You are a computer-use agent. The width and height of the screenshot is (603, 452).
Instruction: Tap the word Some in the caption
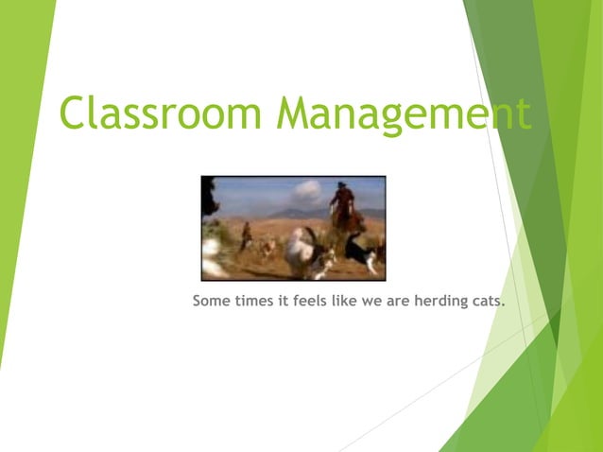(x=211, y=302)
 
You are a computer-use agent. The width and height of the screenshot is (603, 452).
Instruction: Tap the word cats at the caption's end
(x=487, y=302)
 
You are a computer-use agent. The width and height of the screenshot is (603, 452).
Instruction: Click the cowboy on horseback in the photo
(x=343, y=208)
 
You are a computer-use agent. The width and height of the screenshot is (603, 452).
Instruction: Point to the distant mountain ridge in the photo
(x=284, y=214)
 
